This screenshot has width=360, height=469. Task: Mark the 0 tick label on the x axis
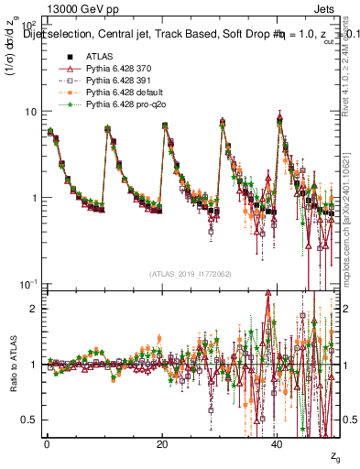(x=48, y=443)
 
